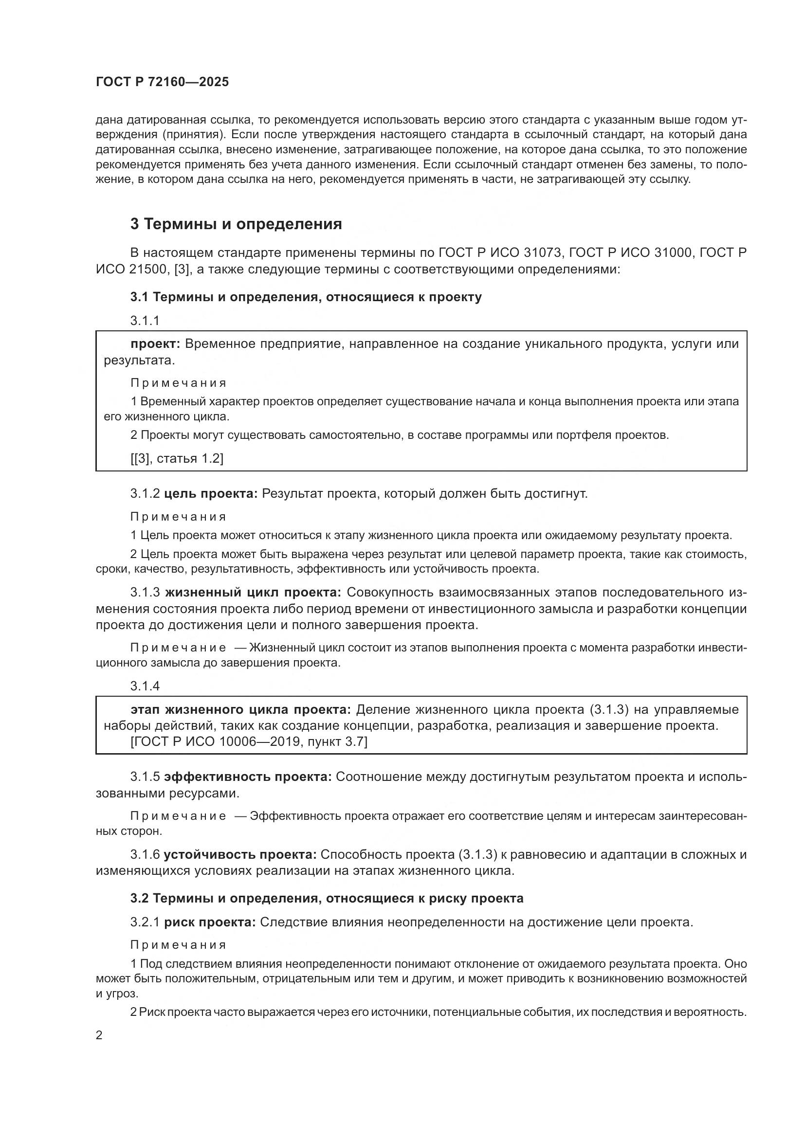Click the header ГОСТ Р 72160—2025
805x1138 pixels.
click(x=162, y=82)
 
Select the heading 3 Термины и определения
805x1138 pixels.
click(x=236, y=224)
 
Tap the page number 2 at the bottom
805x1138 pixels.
click(x=99, y=1035)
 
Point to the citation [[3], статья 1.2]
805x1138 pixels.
click(x=177, y=458)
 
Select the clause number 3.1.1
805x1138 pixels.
click(x=145, y=321)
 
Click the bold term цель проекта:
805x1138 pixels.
click(x=211, y=494)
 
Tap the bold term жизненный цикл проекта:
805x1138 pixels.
click(x=253, y=592)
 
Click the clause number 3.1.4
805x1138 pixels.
click(x=145, y=686)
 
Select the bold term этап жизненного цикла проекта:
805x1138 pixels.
click(x=241, y=710)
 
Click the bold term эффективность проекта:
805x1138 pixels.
click(x=248, y=777)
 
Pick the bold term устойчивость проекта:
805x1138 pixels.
click(x=240, y=854)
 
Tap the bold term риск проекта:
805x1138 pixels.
click(x=210, y=922)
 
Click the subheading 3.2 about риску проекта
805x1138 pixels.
click(x=327, y=898)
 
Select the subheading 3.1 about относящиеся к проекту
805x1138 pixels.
click(x=306, y=297)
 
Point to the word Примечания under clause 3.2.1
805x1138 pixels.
click(x=179, y=945)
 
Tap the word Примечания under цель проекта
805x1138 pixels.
click(x=179, y=517)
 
